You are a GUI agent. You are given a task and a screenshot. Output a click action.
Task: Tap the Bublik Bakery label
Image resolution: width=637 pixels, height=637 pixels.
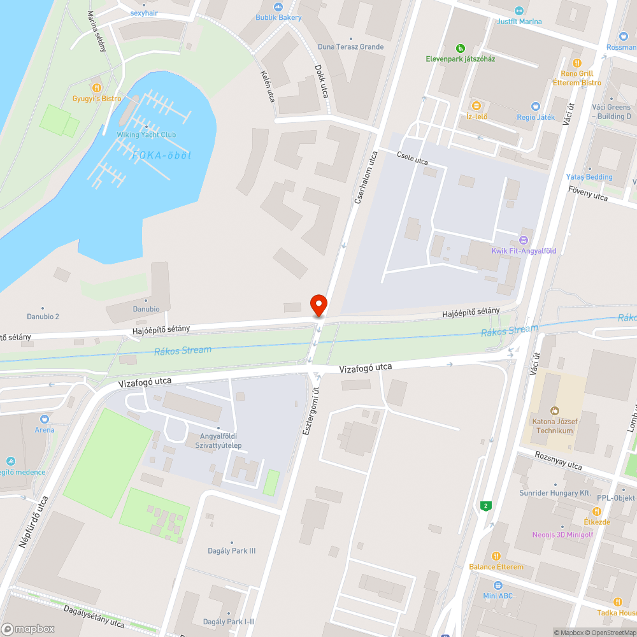(278, 17)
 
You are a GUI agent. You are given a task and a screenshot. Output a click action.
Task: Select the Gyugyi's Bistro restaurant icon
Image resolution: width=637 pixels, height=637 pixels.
(96, 88)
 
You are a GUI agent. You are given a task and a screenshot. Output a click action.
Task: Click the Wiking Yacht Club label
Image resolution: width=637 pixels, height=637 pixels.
(146, 134)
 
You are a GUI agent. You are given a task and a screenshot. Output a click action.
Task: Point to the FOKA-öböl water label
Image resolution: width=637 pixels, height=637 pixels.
(162, 155)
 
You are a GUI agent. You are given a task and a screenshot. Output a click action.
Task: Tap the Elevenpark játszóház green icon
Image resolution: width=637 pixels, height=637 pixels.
(461, 48)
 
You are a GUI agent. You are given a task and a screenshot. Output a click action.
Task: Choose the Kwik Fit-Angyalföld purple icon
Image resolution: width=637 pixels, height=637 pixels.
(524, 240)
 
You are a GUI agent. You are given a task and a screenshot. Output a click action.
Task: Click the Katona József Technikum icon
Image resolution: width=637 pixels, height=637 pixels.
(554, 411)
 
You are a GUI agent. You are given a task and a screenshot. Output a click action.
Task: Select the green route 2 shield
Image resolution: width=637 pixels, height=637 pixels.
(487, 506)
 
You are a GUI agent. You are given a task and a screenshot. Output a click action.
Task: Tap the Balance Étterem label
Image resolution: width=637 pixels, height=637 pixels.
(496, 567)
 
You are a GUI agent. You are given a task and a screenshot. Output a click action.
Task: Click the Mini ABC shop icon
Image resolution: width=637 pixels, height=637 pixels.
(497, 585)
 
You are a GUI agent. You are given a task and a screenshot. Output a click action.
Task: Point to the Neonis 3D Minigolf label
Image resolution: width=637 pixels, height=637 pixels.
(562, 534)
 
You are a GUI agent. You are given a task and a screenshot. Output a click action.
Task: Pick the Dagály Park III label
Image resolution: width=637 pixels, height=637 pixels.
(232, 551)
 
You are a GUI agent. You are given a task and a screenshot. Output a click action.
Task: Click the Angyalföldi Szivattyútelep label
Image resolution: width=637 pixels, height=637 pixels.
(218, 441)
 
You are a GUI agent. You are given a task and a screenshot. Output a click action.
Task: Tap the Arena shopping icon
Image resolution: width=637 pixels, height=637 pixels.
(45, 419)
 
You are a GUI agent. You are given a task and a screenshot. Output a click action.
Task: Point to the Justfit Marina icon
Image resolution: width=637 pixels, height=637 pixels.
(519, 11)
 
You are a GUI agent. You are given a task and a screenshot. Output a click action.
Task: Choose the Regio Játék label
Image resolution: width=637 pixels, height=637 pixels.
(535, 118)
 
